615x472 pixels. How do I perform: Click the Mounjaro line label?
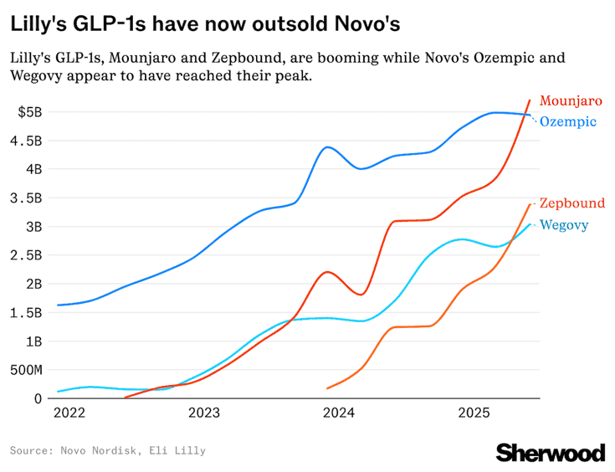pyautogui.click(x=571, y=100)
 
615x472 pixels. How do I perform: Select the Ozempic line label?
pyautogui.click(x=567, y=122)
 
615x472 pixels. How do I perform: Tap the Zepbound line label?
pyautogui.click(x=571, y=203)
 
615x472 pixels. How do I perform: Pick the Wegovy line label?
pyautogui.click(x=564, y=225)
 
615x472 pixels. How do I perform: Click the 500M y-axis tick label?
pyautogui.click(x=24, y=370)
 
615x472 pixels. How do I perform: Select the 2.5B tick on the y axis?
pyautogui.click(x=27, y=255)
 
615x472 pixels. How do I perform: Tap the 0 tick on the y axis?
pyautogui.click(x=38, y=398)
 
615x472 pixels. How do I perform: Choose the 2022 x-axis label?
pyautogui.click(x=68, y=413)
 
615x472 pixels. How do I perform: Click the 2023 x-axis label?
pyautogui.click(x=203, y=413)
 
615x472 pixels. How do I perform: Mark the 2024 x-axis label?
pyautogui.click(x=339, y=413)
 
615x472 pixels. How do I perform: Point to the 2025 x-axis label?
pyautogui.click(x=474, y=413)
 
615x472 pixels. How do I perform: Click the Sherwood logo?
pyautogui.click(x=550, y=453)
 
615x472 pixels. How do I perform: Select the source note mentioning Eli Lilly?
pyautogui.click(x=107, y=451)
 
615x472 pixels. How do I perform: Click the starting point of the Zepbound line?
pyautogui.click(x=327, y=388)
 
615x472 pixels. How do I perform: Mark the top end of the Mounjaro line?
pyautogui.click(x=530, y=100)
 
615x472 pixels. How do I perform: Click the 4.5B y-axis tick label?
pyautogui.click(x=27, y=141)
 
